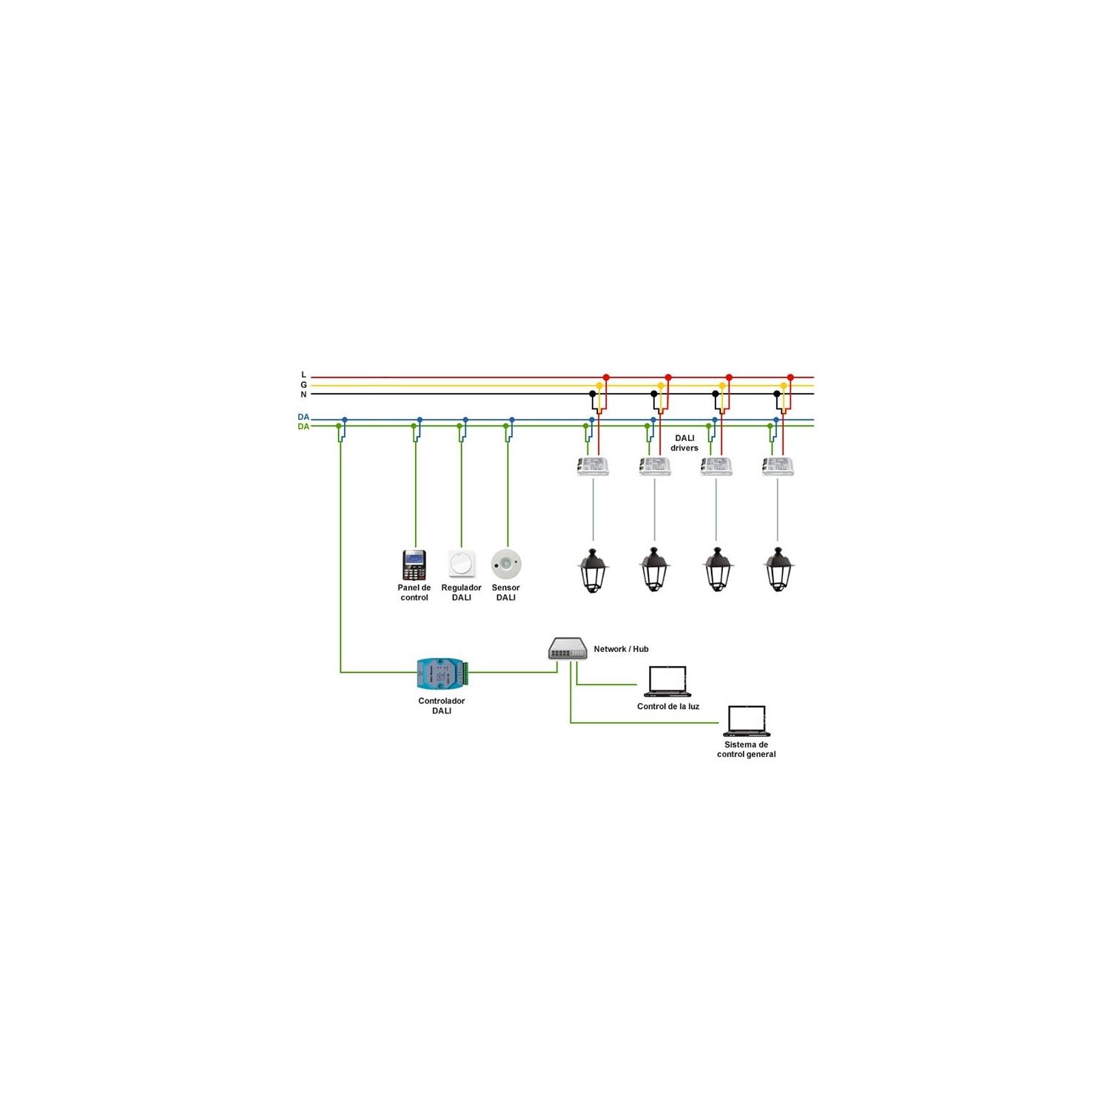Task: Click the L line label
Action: [303, 375]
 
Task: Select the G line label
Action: [303, 385]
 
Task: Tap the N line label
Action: [303, 394]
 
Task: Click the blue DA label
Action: [303, 417]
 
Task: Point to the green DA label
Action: [303, 427]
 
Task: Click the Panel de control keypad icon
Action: [414, 565]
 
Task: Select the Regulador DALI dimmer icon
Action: [462, 565]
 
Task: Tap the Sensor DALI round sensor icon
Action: [506, 565]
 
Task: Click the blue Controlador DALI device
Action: [442, 673]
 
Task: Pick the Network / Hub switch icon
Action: [568, 649]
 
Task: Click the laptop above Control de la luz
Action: [667, 682]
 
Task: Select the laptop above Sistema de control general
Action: [747, 721]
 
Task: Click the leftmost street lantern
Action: [593, 570]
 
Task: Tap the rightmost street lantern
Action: [778, 570]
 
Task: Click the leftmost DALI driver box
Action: [593, 466]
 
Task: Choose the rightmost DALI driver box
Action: [778, 466]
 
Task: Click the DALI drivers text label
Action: [684, 443]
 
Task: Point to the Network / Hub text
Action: [621, 649]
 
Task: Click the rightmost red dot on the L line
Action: [790, 377]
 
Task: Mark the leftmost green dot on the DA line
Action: [339, 426]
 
